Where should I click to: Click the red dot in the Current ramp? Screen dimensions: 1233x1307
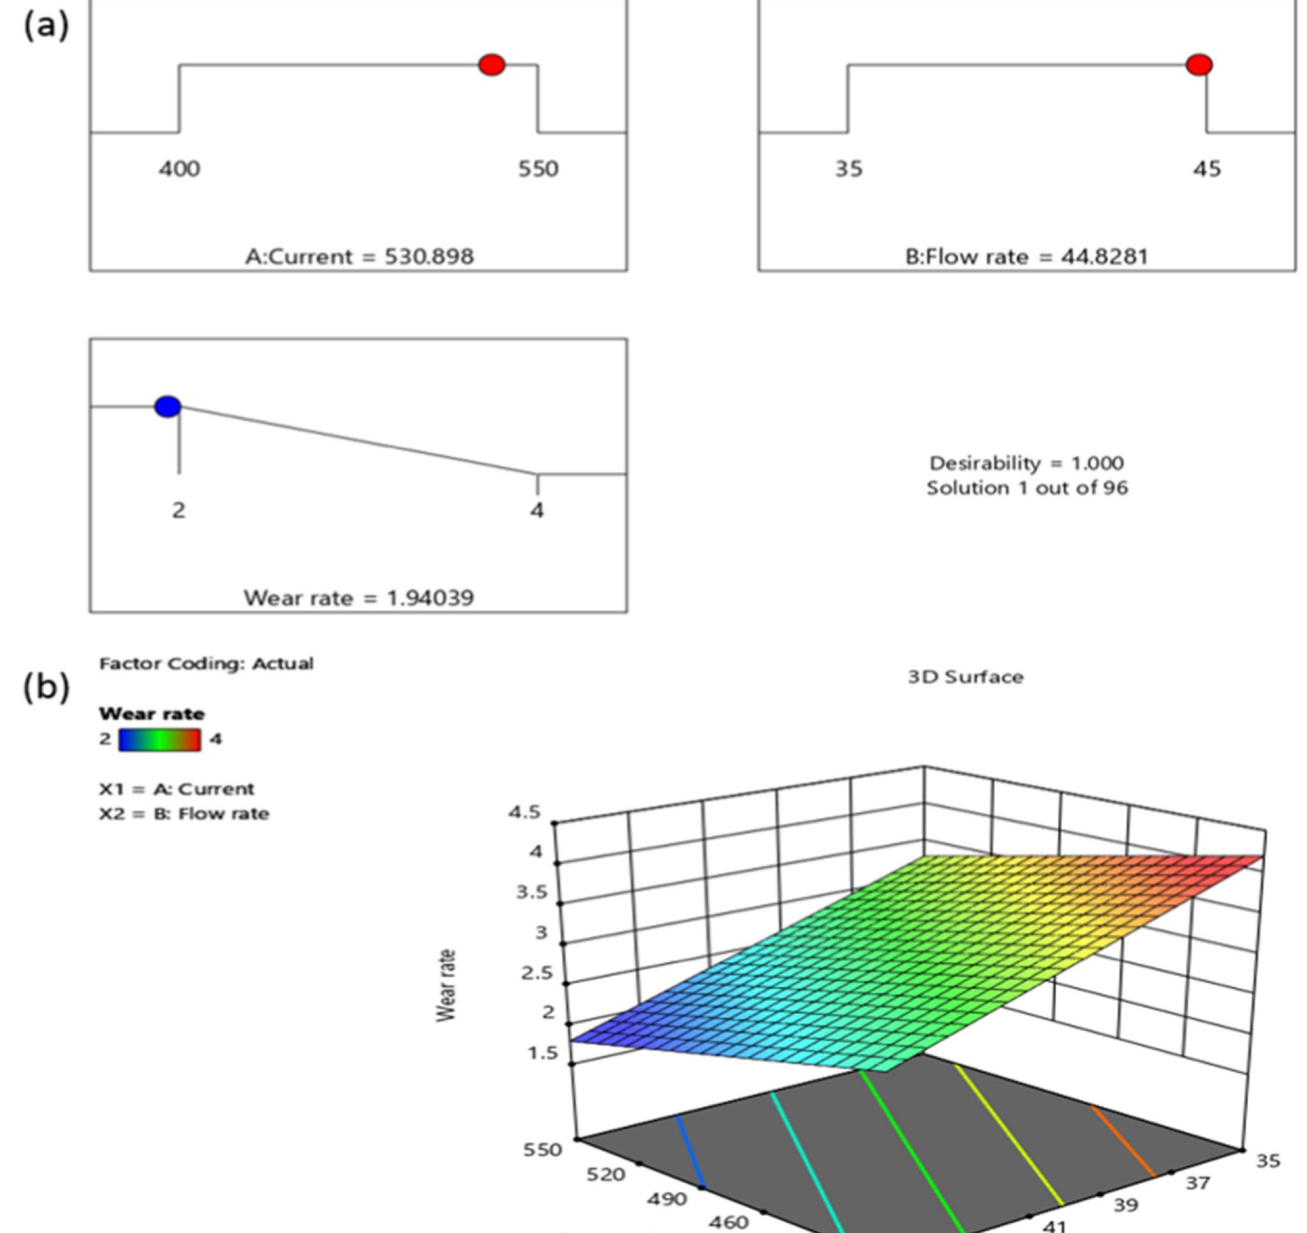492,65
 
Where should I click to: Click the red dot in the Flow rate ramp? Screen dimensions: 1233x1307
1199,65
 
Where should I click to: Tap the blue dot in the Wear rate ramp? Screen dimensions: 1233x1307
168,407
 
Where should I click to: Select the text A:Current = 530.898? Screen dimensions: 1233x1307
359,256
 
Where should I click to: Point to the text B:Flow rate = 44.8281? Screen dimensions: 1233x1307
1026,256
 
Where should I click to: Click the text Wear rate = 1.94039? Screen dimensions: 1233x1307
359,597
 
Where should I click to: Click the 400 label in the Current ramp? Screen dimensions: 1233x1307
179,169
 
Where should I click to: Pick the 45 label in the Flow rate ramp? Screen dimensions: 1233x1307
1207,169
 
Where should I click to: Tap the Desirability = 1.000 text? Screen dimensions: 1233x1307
1026,464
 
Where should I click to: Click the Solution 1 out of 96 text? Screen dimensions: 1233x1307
1027,489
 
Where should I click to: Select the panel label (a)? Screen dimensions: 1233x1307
46,26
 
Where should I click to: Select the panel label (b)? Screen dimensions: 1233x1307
46,687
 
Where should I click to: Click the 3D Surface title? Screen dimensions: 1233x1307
965,677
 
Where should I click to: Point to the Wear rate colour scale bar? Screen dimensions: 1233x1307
160,739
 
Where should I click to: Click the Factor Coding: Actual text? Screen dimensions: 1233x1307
207,663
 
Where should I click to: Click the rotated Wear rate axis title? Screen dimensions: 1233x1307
447,986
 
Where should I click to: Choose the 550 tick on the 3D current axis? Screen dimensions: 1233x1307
543,1149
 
